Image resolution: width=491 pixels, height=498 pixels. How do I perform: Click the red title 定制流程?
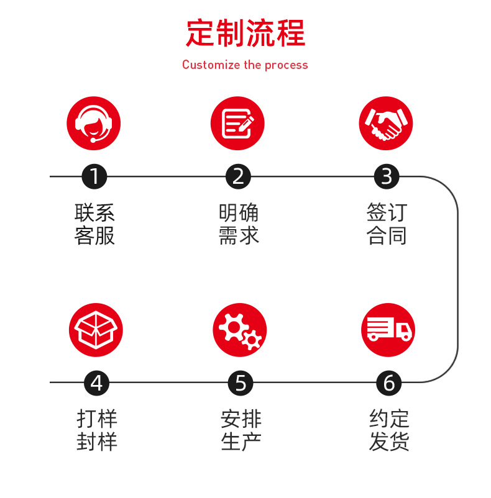pyautogui.click(x=245, y=34)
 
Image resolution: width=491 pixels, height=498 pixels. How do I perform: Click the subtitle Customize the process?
pyautogui.click(x=245, y=65)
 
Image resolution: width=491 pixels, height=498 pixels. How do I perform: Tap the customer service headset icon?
pyautogui.click(x=94, y=123)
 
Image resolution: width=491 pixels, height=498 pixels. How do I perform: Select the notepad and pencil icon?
pyautogui.click(x=237, y=123)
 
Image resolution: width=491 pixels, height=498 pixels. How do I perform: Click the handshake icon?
pyautogui.click(x=386, y=123)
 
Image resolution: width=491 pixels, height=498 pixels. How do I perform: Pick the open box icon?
pyautogui.click(x=96, y=330)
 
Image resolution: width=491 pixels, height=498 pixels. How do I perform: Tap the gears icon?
pyautogui.click(x=240, y=330)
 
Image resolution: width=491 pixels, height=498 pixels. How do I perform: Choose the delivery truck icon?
pyautogui.click(x=388, y=330)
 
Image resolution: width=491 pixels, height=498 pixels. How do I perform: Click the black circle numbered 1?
pyautogui.click(x=94, y=177)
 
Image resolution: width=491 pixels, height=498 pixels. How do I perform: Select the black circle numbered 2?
pyautogui.click(x=238, y=177)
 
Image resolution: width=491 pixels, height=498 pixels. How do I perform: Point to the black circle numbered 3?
pyautogui.click(x=387, y=177)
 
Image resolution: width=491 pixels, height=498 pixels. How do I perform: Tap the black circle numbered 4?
pyautogui.click(x=96, y=383)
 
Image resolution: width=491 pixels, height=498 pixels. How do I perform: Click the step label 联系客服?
pyautogui.click(x=94, y=224)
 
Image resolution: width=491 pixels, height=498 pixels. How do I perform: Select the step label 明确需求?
pyautogui.click(x=239, y=224)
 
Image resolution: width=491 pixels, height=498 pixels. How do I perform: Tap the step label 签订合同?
pyautogui.click(x=387, y=224)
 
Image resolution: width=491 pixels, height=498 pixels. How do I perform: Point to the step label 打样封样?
pyautogui.click(x=97, y=430)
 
